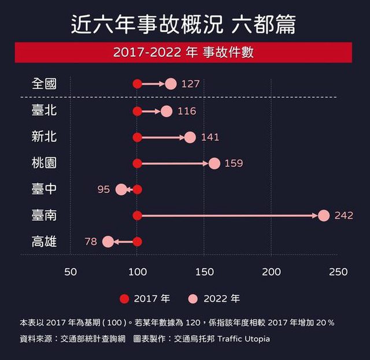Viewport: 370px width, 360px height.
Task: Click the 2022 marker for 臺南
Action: click(324, 216)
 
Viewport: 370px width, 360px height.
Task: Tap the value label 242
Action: click(343, 216)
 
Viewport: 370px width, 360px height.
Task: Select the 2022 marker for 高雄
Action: click(108, 242)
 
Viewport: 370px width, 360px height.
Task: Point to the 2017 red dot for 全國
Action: click(137, 84)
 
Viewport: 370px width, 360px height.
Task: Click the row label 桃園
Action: click(44, 163)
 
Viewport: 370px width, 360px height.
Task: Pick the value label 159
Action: click(234, 164)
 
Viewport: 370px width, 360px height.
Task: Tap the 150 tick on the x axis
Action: click(204, 272)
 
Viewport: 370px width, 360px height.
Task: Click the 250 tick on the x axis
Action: click(338, 272)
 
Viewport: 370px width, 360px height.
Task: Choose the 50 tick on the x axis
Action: click(71, 272)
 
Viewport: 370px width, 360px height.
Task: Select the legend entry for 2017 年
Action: click(145, 299)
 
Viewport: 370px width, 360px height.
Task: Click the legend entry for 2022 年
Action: click(214, 299)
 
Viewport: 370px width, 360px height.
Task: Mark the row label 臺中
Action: click(44, 189)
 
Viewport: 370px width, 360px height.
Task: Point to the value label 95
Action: click(103, 190)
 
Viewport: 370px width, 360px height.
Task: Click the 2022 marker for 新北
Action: click(190, 137)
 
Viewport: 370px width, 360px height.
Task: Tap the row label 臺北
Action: click(44, 110)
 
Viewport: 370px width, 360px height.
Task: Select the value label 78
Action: click(91, 242)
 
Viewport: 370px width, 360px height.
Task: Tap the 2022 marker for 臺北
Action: click(166, 111)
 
